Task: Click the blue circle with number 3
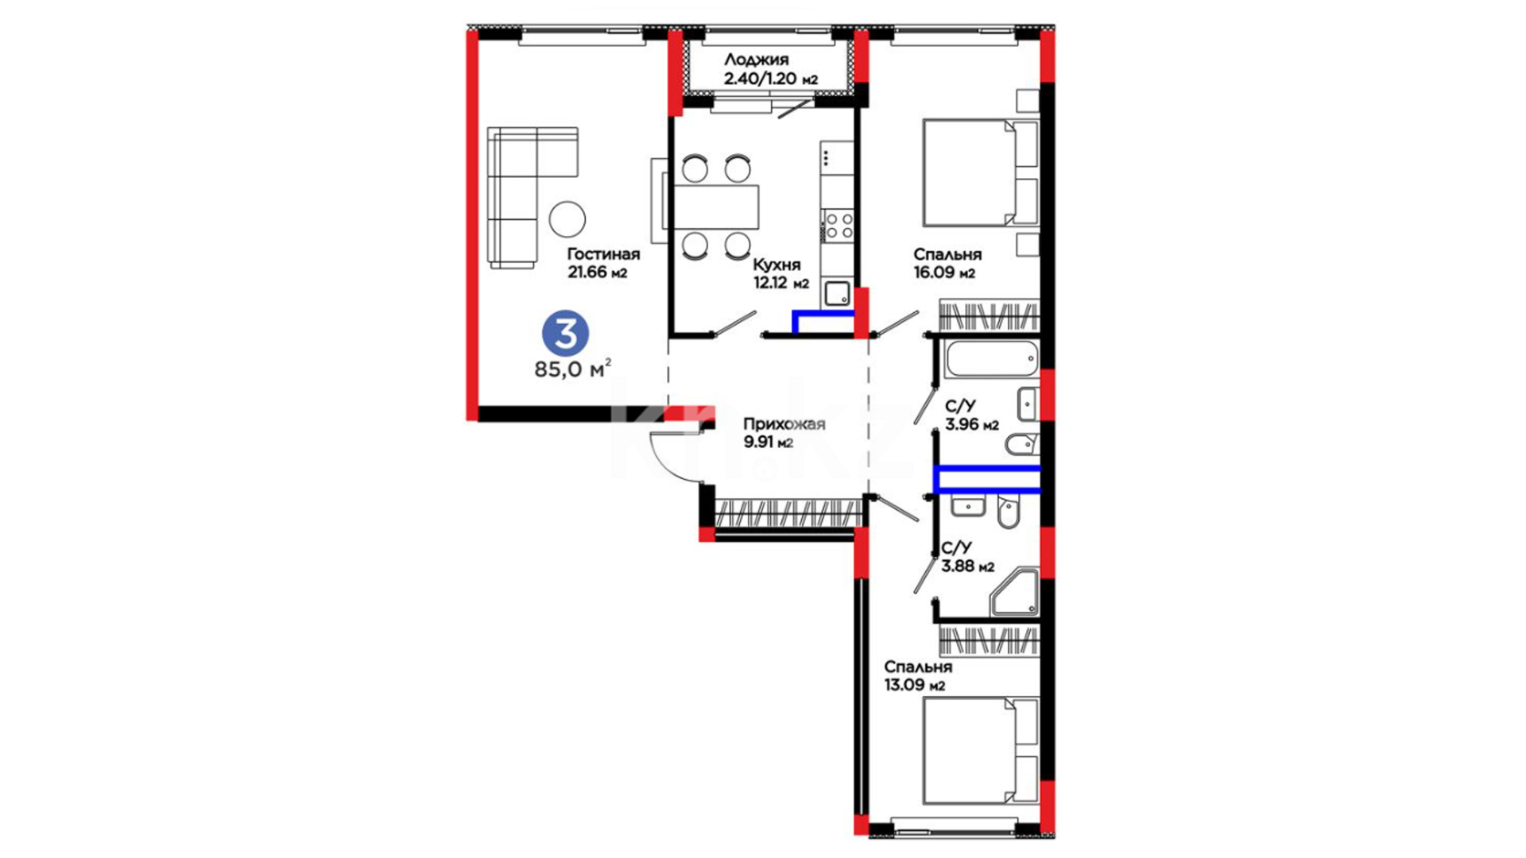click(565, 334)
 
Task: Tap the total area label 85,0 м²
click(572, 369)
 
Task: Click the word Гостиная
click(603, 254)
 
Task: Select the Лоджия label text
click(756, 60)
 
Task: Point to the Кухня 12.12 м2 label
click(780, 273)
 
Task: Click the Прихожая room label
click(784, 424)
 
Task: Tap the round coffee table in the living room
click(567, 218)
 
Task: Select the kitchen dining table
click(716, 207)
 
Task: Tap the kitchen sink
click(836, 294)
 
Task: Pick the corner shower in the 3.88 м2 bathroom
click(1015, 592)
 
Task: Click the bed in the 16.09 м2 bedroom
click(981, 172)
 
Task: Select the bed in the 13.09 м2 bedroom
click(981, 751)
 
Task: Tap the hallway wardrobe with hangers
click(789, 512)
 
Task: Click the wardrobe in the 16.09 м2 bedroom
click(990, 315)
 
